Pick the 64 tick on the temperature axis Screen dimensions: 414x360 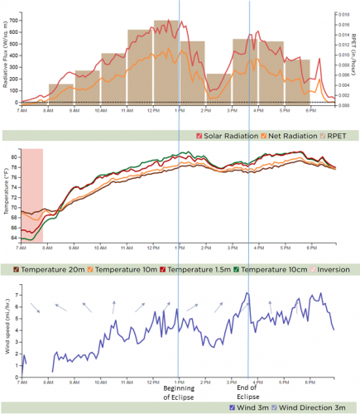tap(15, 238)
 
